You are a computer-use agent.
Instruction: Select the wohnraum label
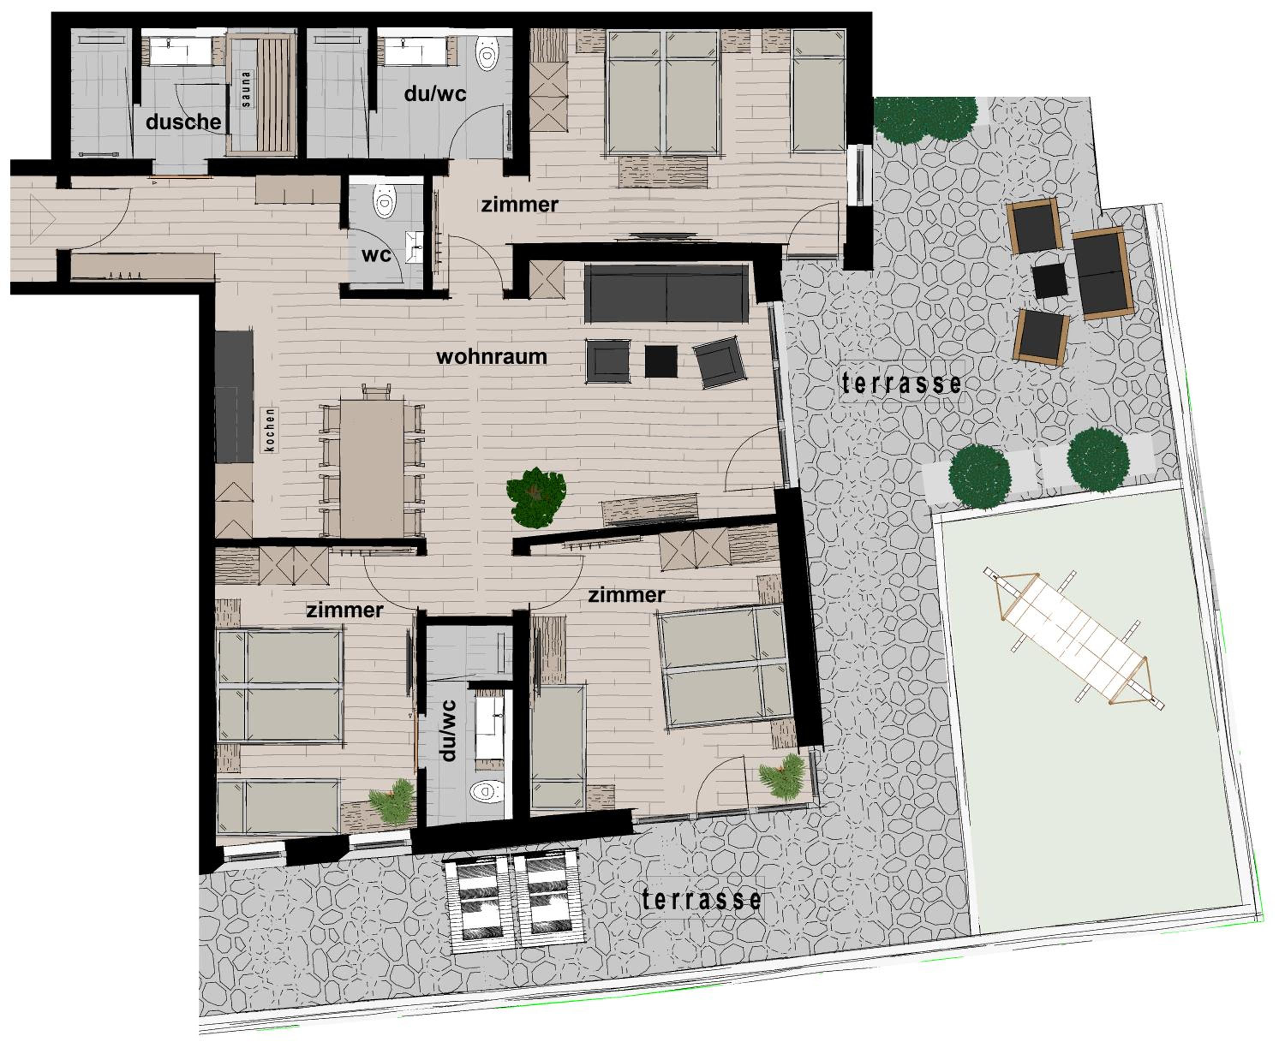point(492,356)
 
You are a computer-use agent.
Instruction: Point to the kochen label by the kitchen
point(270,430)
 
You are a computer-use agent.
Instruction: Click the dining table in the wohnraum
point(372,467)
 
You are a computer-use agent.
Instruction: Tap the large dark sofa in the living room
point(666,293)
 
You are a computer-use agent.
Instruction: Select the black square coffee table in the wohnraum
point(660,361)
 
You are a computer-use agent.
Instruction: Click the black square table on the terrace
point(1050,281)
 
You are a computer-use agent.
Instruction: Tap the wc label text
point(376,255)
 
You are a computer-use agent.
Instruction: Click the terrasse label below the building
point(701,899)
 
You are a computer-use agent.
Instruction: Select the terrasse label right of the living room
point(902,383)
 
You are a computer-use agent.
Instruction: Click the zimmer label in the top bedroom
point(519,205)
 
